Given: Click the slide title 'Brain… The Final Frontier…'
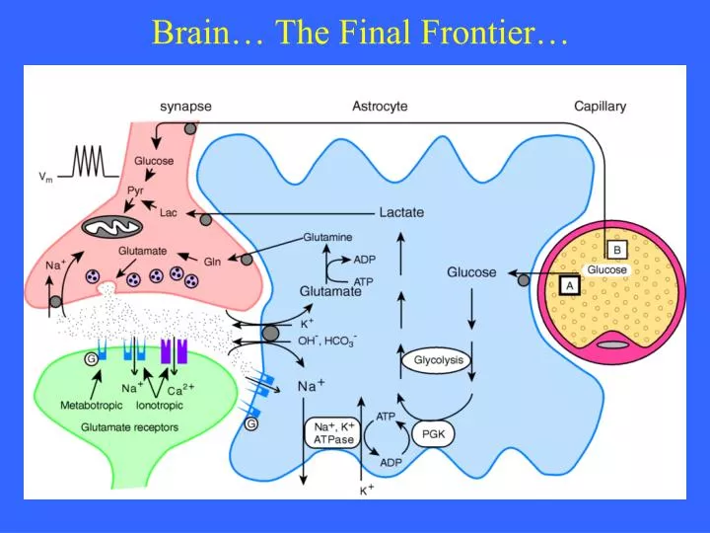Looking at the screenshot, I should click(x=360, y=33).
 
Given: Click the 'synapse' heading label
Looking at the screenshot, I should click(x=185, y=106).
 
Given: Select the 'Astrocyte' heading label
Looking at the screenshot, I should click(x=380, y=106).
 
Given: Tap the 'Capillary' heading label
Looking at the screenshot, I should click(x=600, y=106).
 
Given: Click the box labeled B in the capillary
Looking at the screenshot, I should click(x=615, y=250).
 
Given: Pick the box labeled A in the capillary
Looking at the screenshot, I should click(x=567, y=284).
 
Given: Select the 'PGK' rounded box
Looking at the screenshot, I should click(x=433, y=433).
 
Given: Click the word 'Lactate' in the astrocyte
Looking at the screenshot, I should click(x=401, y=212).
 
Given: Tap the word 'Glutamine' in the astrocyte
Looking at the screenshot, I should click(x=327, y=237).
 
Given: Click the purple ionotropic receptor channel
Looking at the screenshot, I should click(x=174, y=351).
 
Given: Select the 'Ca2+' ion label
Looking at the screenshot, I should click(x=179, y=388).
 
